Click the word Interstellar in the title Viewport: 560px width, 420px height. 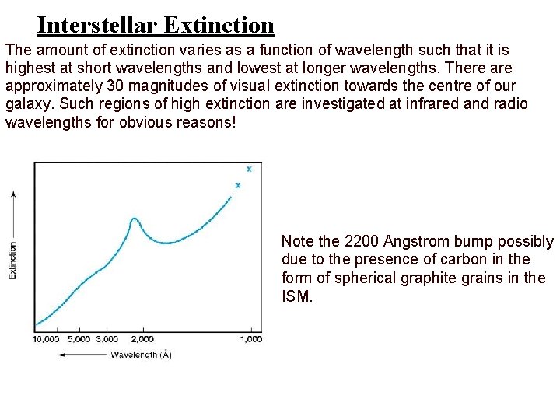99,25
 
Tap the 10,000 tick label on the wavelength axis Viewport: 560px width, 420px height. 46,338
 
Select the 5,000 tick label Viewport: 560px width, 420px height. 79,338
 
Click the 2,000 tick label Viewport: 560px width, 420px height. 142,338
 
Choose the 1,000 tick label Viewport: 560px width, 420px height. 250,338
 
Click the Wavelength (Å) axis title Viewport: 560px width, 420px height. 141,355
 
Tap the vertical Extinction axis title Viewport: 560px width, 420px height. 12,261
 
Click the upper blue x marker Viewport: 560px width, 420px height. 249,169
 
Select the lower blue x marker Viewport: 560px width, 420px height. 238,185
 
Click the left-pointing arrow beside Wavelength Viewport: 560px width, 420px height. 82,355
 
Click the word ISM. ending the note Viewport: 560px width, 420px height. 297,296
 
